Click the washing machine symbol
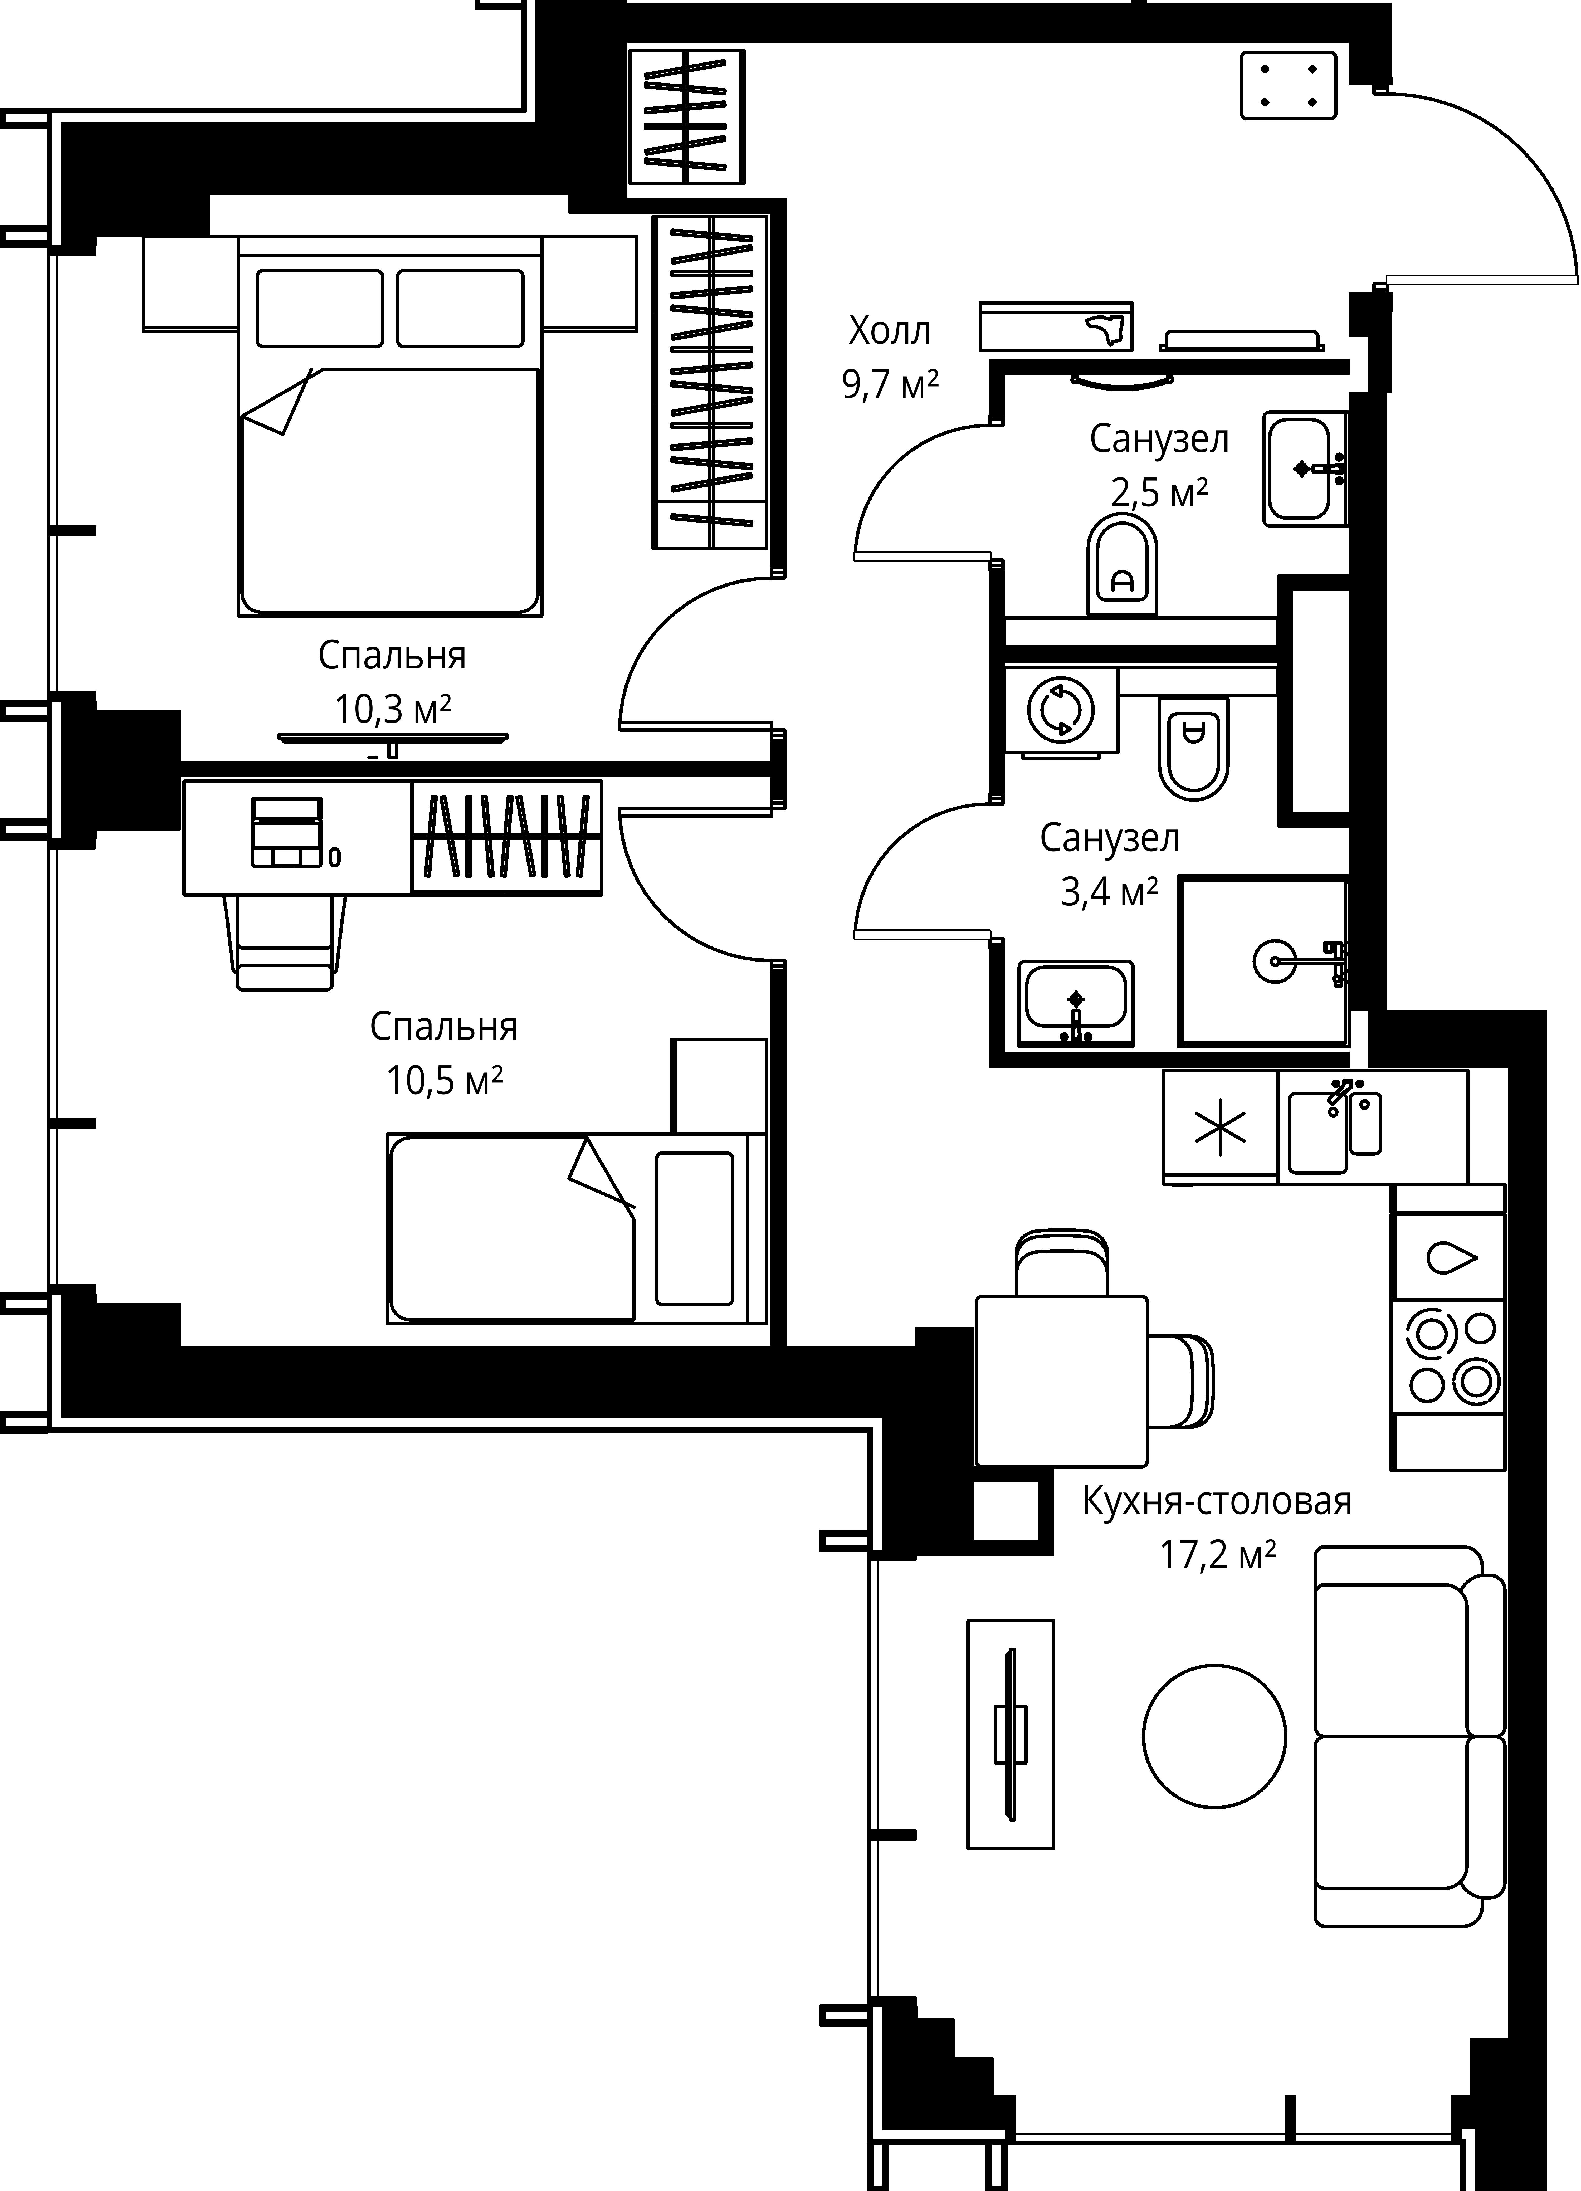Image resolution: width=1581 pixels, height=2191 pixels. (1060, 710)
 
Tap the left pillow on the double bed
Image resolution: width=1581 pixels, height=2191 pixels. (320, 308)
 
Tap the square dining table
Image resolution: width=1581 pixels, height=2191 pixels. (1061, 1380)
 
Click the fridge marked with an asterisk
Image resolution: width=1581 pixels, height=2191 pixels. (1220, 1126)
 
